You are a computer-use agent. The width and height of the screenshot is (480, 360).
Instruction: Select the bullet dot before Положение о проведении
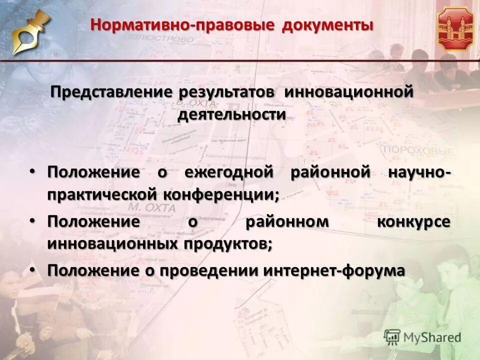tap(32, 270)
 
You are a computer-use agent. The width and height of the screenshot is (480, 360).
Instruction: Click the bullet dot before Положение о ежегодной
tap(32, 172)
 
